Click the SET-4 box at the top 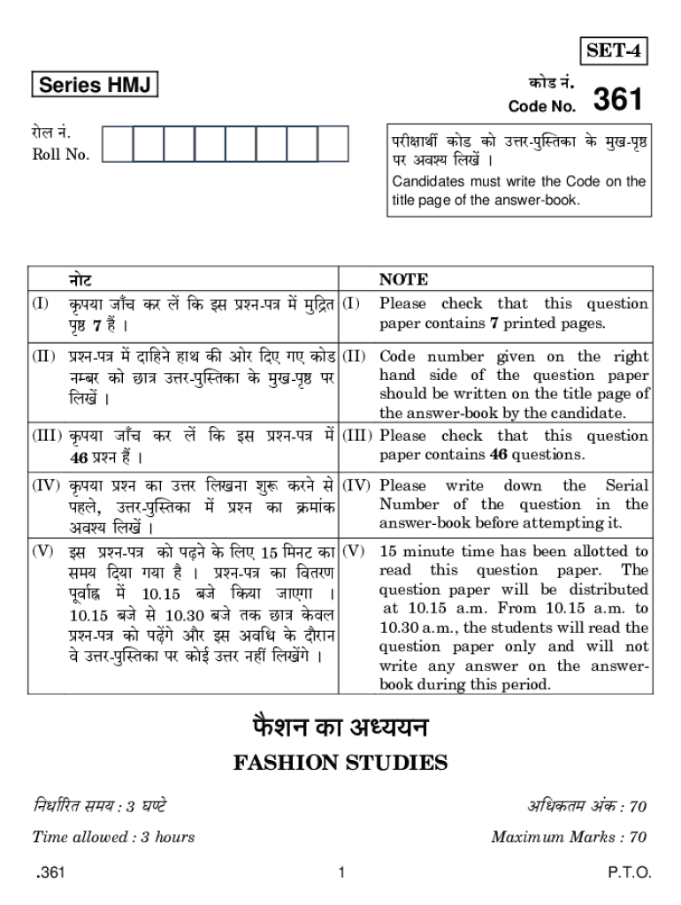click(x=613, y=52)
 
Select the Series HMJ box click(x=94, y=85)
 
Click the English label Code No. click(x=542, y=107)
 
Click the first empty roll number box click(x=118, y=144)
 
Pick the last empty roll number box click(x=333, y=144)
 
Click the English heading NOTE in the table click(x=403, y=279)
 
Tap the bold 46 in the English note click(x=498, y=455)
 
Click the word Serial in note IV click(x=626, y=485)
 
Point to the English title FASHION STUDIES click(x=340, y=762)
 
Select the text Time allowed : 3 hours click(x=113, y=836)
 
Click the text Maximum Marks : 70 click(x=569, y=836)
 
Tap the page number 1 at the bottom click(x=340, y=873)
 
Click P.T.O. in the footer click(x=629, y=873)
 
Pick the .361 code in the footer click(x=50, y=873)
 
